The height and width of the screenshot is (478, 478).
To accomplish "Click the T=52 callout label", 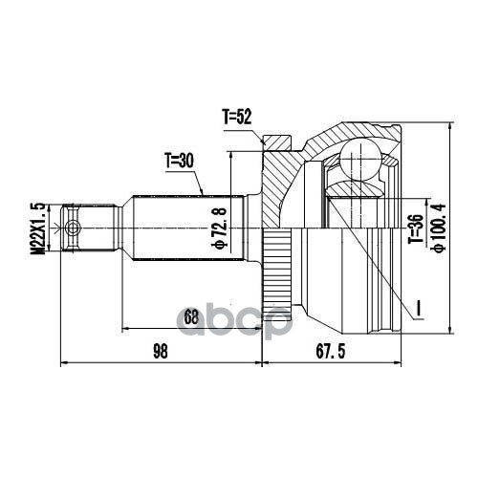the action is tap(237, 117).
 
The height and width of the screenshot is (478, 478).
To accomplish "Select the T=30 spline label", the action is tap(179, 161).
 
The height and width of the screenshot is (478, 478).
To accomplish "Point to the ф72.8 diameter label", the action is tap(221, 228).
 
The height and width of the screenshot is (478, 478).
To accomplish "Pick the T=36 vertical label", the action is tap(417, 228).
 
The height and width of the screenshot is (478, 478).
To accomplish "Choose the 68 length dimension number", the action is tap(191, 317).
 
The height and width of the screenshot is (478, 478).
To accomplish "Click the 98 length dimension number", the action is tap(161, 352).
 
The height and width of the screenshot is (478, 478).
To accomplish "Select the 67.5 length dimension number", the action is tap(331, 352).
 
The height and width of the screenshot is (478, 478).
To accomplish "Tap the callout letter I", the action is tap(420, 308).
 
